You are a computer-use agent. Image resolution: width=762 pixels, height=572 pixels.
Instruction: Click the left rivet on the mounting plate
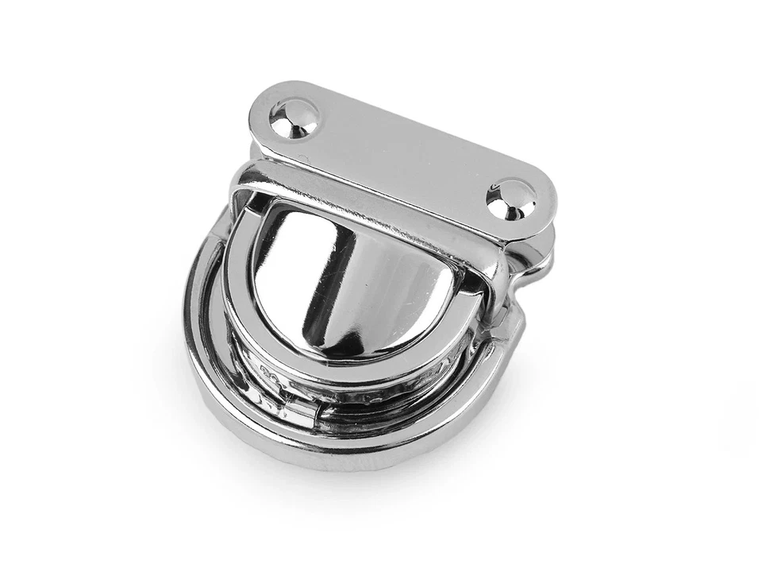[x=294, y=118]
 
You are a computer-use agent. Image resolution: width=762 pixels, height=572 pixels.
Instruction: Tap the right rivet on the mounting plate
[x=510, y=198]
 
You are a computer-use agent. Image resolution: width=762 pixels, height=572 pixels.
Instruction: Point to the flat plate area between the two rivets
[x=401, y=156]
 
